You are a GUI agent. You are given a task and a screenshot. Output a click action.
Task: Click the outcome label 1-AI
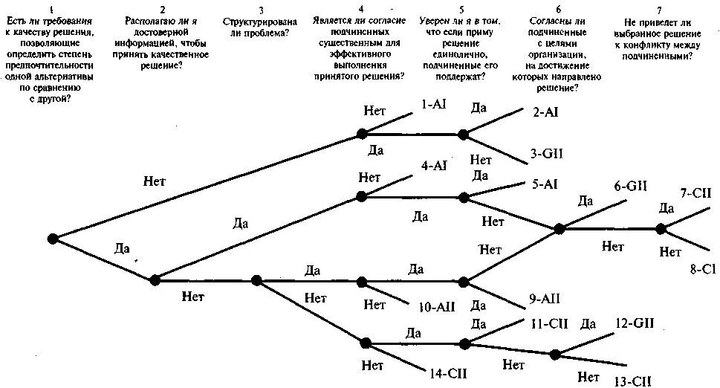[x=433, y=105]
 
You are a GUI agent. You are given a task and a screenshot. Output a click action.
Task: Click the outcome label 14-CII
[x=447, y=372]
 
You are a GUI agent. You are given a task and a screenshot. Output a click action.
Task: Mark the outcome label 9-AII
[x=544, y=298]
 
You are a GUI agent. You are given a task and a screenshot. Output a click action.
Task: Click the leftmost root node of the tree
[x=53, y=238]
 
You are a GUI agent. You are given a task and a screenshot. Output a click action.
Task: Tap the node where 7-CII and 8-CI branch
[x=661, y=229]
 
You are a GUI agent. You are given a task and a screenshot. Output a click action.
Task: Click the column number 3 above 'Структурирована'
[x=260, y=10]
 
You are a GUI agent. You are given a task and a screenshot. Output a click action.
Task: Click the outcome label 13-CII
[x=632, y=381]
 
